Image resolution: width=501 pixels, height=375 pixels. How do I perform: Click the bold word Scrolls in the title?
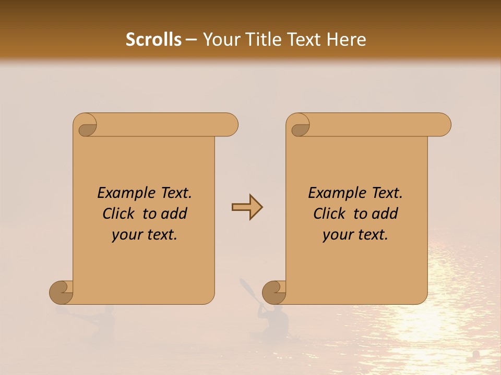(153, 40)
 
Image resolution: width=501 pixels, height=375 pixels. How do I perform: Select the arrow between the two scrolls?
(247, 207)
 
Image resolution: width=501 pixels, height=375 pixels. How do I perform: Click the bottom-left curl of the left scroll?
(61, 292)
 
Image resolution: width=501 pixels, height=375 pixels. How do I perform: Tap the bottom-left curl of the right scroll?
(274, 292)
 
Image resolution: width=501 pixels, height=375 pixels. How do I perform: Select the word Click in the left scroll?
(119, 214)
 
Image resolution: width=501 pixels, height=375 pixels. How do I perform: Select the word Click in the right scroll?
(330, 214)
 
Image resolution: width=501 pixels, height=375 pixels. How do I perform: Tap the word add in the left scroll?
(174, 214)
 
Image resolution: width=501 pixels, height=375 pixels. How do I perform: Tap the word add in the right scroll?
(385, 214)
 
